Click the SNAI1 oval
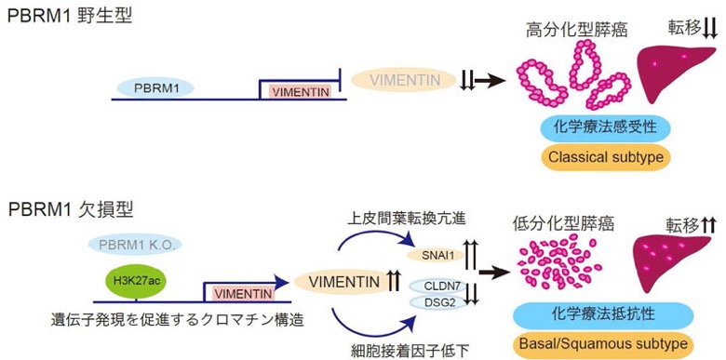click(437, 254)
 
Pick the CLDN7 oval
click(437, 287)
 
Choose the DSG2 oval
click(437, 302)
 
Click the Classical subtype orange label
click(606, 157)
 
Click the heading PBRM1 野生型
click(71, 17)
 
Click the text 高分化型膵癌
click(576, 31)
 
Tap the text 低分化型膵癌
click(563, 224)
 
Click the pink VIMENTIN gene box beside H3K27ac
click(244, 294)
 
